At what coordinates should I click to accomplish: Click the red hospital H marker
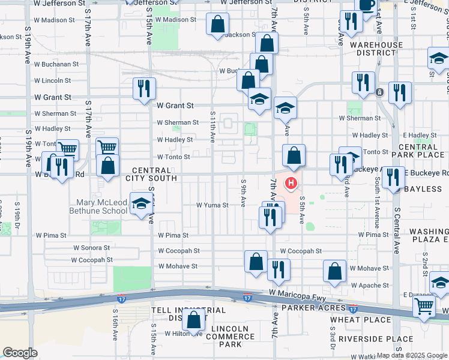point(291,183)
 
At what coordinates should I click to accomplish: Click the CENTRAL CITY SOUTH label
point(151,174)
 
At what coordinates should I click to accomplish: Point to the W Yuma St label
point(212,205)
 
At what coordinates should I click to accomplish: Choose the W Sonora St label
point(91,247)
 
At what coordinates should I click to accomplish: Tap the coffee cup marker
point(366,4)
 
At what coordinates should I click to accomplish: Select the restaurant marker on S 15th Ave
point(144,89)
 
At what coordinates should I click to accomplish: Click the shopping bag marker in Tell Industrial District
point(194,320)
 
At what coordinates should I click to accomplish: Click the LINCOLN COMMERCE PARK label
point(230,337)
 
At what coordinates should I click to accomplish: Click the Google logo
point(20,353)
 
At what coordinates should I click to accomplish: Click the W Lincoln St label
point(53,80)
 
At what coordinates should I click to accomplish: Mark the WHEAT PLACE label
point(352,320)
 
